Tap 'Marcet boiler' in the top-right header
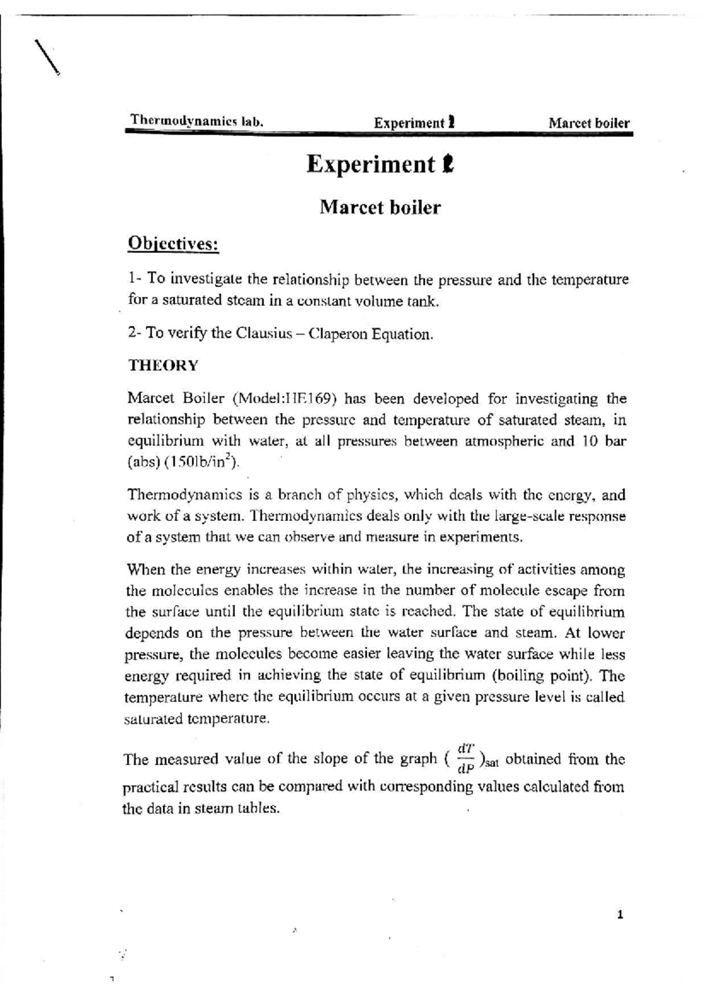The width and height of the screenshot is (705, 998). (x=589, y=123)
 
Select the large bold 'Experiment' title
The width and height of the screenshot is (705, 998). (x=371, y=165)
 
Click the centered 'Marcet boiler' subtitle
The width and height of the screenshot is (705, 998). (x=380, y=207)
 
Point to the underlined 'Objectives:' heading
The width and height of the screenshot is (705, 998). (x=173, y=243)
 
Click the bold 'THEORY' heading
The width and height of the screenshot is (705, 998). (x=163, y=365)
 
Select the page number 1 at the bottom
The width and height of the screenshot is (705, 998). (x=620, y=915)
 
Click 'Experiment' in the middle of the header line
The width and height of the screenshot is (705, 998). (x=409, y=123)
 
